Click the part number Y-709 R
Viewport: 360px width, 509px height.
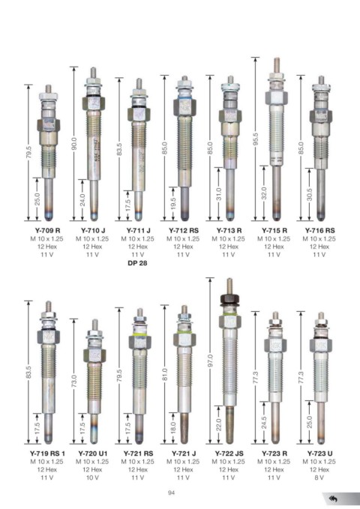(47, 230)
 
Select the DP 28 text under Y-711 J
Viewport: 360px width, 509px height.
(137, 263)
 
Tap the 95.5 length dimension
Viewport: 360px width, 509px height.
(256, 139)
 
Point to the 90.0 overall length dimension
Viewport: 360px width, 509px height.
(73, 144)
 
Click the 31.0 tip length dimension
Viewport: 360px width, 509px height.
(218, 194)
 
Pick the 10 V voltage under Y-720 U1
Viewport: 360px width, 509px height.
(92, 478)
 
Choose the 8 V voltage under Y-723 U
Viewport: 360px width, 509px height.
(319, 478)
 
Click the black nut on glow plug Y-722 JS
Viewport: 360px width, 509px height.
(229, 299)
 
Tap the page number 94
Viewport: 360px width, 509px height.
(172, 493)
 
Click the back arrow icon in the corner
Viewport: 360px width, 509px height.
(333, 499)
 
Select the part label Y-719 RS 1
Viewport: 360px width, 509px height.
(47, 454)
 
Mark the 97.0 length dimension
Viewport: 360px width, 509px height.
(210, 361)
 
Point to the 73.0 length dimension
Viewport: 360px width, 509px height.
(73, 381)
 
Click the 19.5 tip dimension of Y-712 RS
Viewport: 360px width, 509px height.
(172, 204)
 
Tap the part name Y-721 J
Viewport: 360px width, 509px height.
(184, 454)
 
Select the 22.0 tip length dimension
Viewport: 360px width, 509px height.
(218, 425)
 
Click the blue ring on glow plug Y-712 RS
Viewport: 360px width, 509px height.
(184, 97)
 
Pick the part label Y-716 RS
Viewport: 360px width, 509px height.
(319, 230)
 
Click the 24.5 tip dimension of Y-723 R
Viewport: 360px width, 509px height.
(264, 423)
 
